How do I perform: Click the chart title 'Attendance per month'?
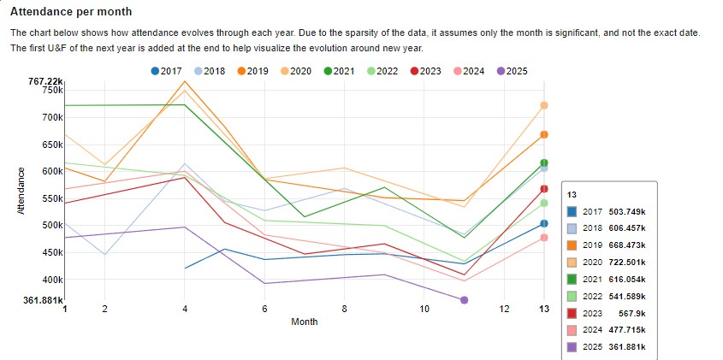pyautogui.click(x=71, y=12)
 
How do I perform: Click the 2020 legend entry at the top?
pyautogui.click(x=295, y=71)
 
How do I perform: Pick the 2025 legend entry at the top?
pyautogui.click(x=511, y=71)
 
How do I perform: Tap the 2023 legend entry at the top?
pyautogui.click(x=425, y=71)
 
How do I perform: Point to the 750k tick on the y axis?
pyautogui.click(x=52, y=90)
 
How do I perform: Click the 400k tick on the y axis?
pyautogui.click(x=52, y=280)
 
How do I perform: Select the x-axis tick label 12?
pyautogui.click(x=505, y=309)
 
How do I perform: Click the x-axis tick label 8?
pyautogui.click(x=344, y=309)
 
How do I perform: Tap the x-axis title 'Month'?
pyautogui.click(x=304, y=322)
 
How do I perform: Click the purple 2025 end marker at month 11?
pyautogui.click(x=465, y=300)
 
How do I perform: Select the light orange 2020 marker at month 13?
pyautogui.click(x=544, y=105)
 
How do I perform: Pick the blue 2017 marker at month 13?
pyautogui.click(x=544, y=224)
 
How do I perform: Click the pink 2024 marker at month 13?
pyautogui.click(x=544, y=238)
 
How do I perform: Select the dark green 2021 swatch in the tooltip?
pyautogui.click(x=572, y=279)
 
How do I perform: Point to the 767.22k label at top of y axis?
pyautogui.click(x=45, y=80)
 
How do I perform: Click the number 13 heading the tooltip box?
pyautogui.click(x=572, y=194)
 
